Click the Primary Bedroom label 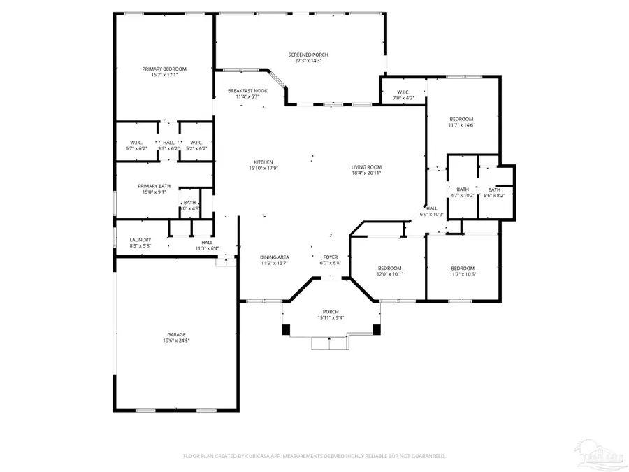point(164,69)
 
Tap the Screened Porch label point(308,55)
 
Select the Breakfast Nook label point(247,91)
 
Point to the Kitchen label point(263,162)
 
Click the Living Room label point(366,167)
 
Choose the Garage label point(157,335)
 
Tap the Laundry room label point(140,240)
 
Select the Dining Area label point(275,257)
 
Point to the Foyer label point(331,257)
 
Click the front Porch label point(331,312)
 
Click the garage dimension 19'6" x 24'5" point(157,341)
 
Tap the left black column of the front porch point(285,329)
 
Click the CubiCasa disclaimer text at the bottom point(314,456)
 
